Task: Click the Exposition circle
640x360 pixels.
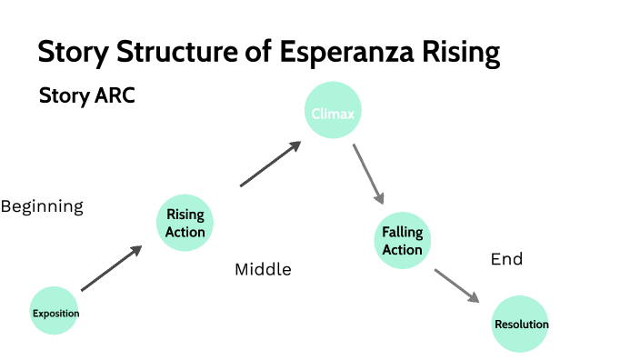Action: tap(56, 314)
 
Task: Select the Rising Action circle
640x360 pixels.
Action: tap(185, 223)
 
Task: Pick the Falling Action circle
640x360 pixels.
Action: tap(402, 241)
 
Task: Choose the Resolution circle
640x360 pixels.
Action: tap(520, 324)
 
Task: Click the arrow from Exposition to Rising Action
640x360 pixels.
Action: tap(111, 269)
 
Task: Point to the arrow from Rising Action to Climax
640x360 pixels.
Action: tap(270, 165)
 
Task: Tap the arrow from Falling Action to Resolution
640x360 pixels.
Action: tap(456, 285)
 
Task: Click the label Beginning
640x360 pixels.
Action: tap(42, 206)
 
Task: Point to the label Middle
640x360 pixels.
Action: tap(263, 269)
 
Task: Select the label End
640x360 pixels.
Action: tap(506, 259)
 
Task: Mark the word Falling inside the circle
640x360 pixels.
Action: tap(402, 233)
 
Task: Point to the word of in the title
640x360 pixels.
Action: tap(258, 52)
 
